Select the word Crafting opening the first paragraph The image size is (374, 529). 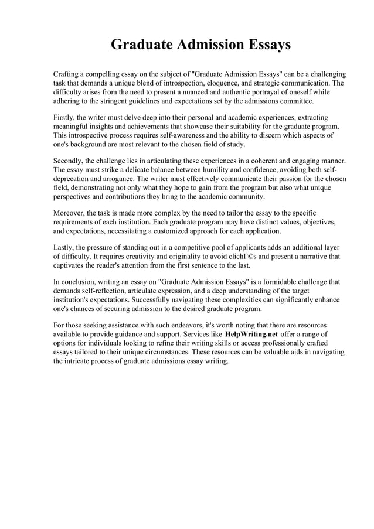coord(69,74)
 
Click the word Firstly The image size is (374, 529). coord(66,118)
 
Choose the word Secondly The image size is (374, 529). coord(71,161)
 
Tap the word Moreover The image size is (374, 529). coord(70,212)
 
